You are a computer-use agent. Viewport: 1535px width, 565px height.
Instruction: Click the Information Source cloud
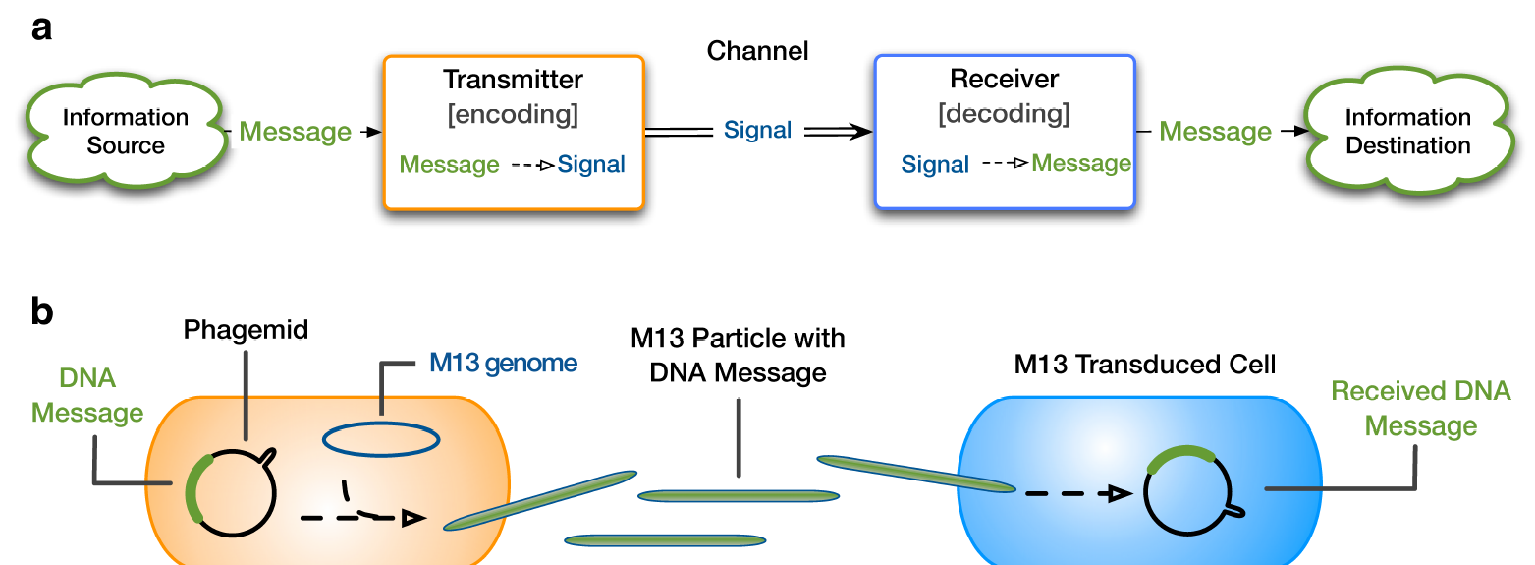click(125, 132)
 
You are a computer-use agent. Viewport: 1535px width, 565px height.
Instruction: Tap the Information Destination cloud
click(1407, 132)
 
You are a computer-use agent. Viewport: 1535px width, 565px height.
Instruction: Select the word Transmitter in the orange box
click(513, 80)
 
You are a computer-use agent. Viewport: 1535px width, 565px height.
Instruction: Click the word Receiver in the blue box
click(1004, 80)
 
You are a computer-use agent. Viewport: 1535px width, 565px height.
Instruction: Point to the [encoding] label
click(513, 114)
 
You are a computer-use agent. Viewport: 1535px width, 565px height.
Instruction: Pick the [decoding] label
click(1004, 114)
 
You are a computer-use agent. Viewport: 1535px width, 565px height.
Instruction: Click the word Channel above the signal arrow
click(757, 51)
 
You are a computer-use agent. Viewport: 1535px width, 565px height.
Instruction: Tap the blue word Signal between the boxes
click(757, 130)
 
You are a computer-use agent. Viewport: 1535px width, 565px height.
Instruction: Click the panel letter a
click(42, 28)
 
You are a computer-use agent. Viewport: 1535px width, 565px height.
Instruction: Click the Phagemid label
click(247, 330)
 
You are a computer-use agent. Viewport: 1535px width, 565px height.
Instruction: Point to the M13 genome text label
click(503, 364)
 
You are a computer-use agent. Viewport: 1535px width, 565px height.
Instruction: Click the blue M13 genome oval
click(380, 441)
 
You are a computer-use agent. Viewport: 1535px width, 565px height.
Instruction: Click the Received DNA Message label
click(1420, 409)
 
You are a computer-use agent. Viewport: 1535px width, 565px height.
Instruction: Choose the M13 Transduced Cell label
click(1145, 365)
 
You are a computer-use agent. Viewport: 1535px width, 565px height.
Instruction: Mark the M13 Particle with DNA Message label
click(738, 356)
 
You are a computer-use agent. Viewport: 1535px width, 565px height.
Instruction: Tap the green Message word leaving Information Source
click(295, 132)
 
